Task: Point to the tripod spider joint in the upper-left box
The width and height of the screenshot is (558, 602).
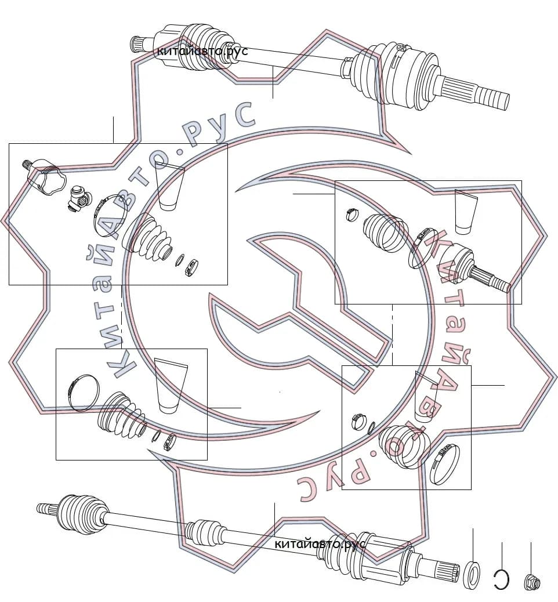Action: click(79, 198)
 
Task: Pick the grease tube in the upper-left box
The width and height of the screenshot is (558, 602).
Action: click(169, 186)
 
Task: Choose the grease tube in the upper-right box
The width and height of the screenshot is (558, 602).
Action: click(465, 212)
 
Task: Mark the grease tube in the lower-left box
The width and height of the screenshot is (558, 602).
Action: click(170, 386)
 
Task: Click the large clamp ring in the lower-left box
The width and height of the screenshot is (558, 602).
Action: click(84, 393)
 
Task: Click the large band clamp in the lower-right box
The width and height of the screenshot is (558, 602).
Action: click(445, 463)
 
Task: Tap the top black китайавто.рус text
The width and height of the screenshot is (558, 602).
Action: click(202, 50)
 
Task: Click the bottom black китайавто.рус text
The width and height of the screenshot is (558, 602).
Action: click(320, 544)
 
